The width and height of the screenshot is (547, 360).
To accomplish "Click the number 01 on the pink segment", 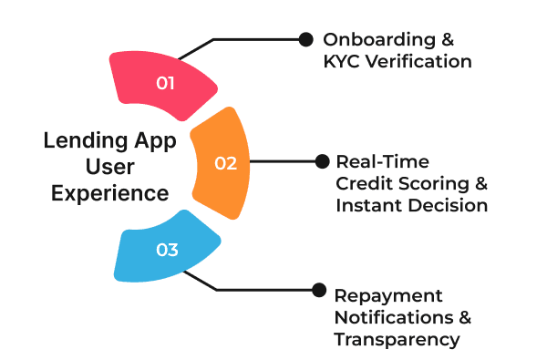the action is tap(165, 83).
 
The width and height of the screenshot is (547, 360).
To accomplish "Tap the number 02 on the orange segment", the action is tap(225, 164).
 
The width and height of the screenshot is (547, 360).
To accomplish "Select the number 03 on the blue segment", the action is tap(167, 249).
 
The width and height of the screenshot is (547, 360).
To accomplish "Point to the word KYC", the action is tap(342, 62).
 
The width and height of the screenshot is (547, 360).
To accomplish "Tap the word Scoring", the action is tap(433, 183).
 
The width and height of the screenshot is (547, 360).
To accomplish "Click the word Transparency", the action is tap(396, 340).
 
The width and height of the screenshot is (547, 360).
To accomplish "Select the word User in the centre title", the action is tap(110, 169).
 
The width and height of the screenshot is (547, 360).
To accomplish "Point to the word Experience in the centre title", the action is tap(109, 193).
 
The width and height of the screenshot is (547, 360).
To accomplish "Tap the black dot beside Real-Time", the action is tap(321, 161).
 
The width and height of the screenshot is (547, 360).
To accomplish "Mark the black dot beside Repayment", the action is tap(318, 290).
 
